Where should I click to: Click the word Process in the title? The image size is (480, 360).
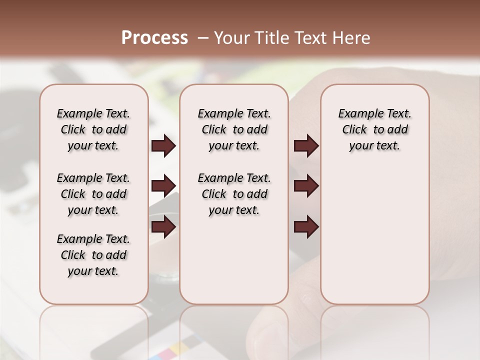[154, 38]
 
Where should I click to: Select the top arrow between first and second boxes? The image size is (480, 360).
[163, 146]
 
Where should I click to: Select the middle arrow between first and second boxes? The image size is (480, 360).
[163, 186]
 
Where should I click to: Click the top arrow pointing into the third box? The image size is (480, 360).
[306, 146]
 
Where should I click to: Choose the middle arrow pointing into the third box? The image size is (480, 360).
[306, 186]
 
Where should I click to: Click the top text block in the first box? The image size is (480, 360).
[93, 129]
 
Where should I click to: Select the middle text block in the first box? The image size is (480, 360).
[93, 194]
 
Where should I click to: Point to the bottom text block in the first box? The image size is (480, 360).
[93, 255]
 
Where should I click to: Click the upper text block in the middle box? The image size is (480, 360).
[234, 129]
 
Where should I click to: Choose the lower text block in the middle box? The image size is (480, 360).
[234, 194]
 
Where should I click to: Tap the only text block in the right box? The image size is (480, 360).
[375, 129]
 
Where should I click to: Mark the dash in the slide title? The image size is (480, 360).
[203, 38]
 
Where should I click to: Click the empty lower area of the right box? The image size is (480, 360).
[375, 235]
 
